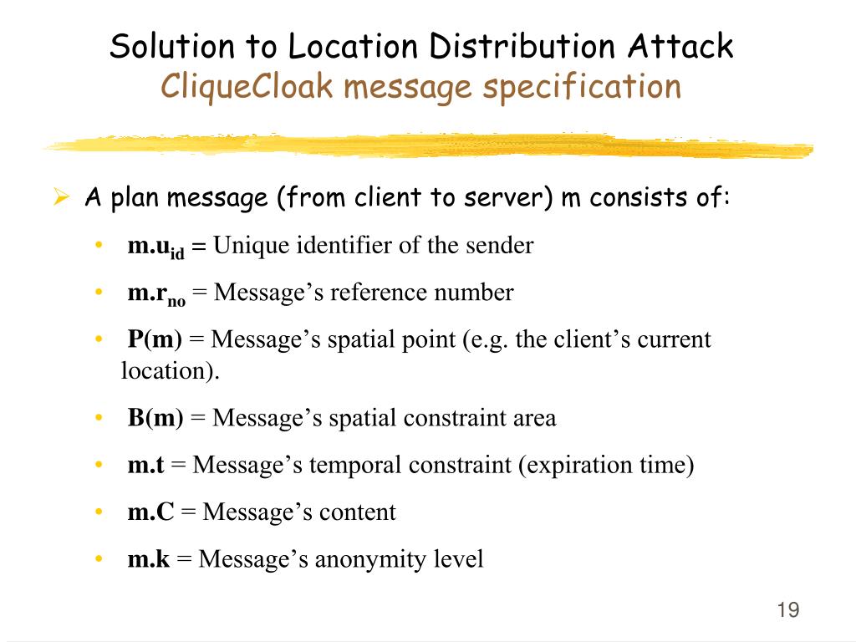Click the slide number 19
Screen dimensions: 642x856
click(788, 609)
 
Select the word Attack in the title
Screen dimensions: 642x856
click(681, 46)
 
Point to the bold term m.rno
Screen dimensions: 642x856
click(156, 294)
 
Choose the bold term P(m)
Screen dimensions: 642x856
click(155, 340)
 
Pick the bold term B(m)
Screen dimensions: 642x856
click(155, 417)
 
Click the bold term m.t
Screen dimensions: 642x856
click(145, 465)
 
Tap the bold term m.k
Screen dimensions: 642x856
click(148, 558)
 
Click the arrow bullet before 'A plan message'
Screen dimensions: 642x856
click(60, 199)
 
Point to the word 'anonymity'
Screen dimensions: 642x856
click(360, 558)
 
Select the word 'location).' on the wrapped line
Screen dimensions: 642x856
click(170, 370)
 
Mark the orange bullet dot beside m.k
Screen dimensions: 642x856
click(99, 558)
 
